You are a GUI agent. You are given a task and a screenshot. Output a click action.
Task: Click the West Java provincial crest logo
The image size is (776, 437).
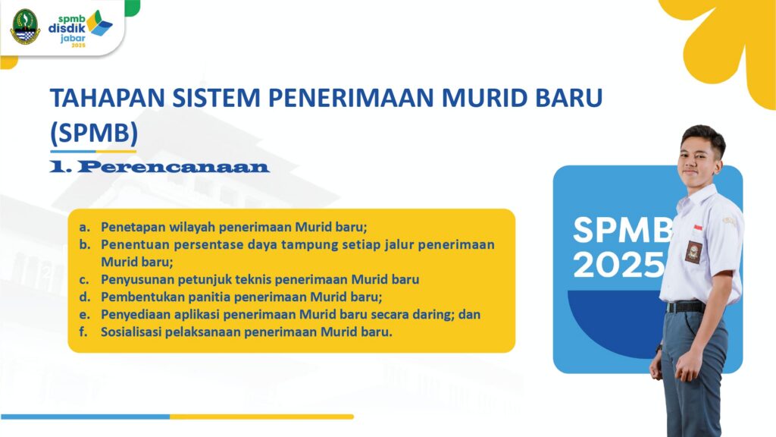25,27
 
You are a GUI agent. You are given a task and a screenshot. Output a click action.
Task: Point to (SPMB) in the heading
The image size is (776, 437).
94,133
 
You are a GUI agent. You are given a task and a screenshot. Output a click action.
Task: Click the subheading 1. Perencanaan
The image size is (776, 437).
159,167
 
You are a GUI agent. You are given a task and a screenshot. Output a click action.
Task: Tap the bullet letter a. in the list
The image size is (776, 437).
85,227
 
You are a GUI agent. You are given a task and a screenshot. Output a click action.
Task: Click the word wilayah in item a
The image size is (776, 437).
192,227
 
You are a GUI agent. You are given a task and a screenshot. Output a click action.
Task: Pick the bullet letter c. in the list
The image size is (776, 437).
84,280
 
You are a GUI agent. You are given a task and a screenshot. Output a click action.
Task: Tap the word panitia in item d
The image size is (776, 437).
212,297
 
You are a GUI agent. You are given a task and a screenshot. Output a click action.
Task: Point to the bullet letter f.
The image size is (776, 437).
83,332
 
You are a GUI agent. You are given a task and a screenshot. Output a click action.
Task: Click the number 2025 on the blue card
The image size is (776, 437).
618,265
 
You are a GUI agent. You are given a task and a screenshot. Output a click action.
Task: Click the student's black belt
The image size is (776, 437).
685,307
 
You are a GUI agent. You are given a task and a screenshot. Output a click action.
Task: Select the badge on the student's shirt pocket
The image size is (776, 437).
693,252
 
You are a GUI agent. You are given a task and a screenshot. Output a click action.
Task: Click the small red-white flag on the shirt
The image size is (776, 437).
698,228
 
